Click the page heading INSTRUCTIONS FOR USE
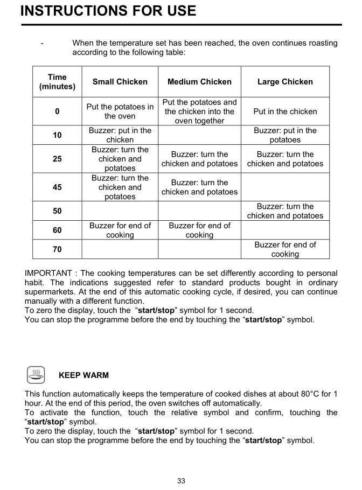(x=108, y=11)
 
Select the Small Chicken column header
(x=120, y=82)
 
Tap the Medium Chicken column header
(x=199, y=82)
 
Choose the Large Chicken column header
(x=285, y=82)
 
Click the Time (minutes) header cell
(x=57, y=82)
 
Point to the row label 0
(x=57, y=111)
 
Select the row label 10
(x=57, y=135)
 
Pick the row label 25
(x=57, y=159)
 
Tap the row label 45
(x=57, y=187)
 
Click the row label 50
(x=57, y=211)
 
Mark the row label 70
(x=57, y=249)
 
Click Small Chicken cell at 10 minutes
(x=120, y=135)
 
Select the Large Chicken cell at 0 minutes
(x=285, y=111)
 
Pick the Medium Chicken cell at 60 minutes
(x=199, y=230)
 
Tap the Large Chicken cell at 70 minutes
(x=285, y=249)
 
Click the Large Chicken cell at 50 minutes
(x=285, y=211)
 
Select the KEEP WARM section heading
(x=83, y=375)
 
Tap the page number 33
(x=181, y=481)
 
